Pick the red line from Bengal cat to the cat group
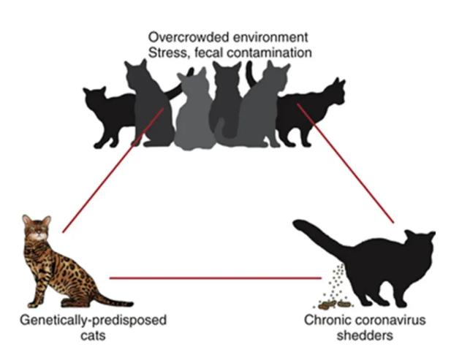110,176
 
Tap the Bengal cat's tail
110,301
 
